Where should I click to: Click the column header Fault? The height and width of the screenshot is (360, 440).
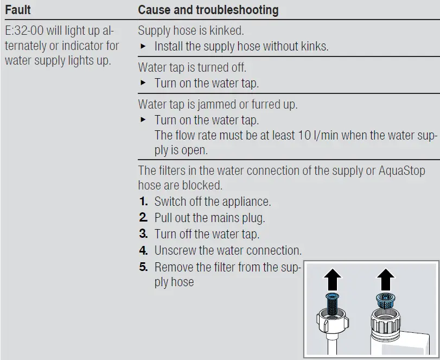(18, 10)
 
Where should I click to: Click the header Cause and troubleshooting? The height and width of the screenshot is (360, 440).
(208, 10)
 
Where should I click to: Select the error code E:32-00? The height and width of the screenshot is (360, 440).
(24, 31)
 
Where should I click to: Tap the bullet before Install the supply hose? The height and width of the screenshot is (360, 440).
(143, 47)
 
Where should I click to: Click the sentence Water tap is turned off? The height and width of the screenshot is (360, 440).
(192, 68)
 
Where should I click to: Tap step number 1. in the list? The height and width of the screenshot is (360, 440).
(143, 202)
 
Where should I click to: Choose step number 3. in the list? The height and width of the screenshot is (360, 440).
(143, 235)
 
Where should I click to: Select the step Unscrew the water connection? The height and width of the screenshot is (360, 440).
(227, 251)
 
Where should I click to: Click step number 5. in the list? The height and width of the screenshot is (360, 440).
(143, 267)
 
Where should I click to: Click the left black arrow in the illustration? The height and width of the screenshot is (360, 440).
(332, 280)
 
